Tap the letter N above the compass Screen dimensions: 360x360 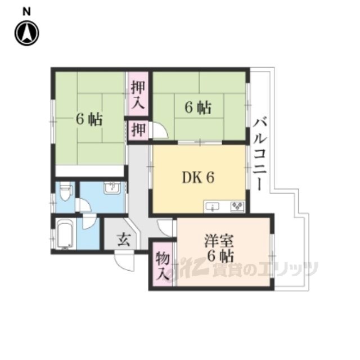[x=26, y=11]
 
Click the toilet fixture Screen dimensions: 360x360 [x=65, y=192]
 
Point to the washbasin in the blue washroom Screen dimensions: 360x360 [x=112, y=188]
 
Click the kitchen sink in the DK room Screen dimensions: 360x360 [x=213, y=206]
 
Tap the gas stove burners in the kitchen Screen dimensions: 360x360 [x=237, y=206]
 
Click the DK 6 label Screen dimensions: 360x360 [x=198, y=178]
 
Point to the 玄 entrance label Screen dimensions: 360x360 [x=124, y=240]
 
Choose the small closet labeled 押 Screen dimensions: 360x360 [x=138, y=130]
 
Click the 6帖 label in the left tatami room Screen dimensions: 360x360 [x=89, y=119]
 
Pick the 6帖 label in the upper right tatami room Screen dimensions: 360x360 [x=198, y=107]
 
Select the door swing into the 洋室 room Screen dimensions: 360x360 [x=165, y=228]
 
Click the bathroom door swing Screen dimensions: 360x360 [x=90, y=222]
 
